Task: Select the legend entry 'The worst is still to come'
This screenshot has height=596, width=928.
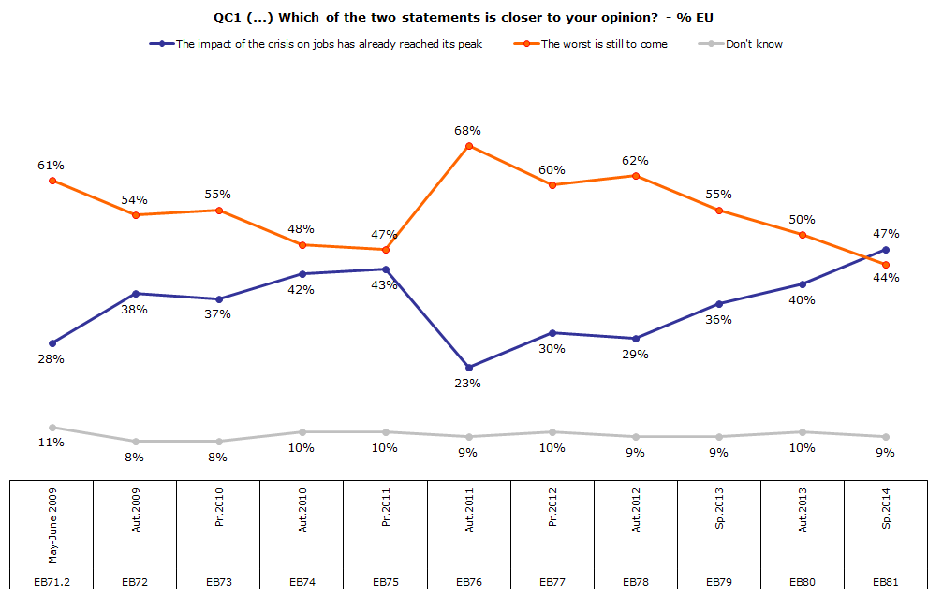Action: [x=604, y=43]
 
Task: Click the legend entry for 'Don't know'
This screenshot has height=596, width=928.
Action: [x=754, y=43]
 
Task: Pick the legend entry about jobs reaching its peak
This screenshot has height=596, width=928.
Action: [x=329, y=43]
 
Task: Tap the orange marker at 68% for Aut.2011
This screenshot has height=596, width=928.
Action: [x=469, y=146]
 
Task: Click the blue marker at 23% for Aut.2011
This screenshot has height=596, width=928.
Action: [x=469, y=368]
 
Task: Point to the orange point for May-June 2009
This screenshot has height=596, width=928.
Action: [x=52, y=181]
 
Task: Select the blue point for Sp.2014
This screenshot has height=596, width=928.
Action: [x=886, y=250]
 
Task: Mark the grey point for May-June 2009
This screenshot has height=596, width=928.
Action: [x=52, y=428]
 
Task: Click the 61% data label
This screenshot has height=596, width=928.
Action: [x=51, y=166]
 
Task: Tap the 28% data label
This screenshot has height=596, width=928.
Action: [x=51, y=359]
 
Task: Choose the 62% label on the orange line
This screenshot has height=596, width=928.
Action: [x=635, y=160]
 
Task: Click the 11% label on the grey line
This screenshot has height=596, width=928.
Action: [x=51, y=443]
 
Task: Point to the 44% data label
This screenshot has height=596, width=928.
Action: [x=886, y=278]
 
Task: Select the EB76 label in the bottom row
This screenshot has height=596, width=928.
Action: [x=469, y=582]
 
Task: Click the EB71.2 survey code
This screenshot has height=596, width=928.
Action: [x=51, y=582]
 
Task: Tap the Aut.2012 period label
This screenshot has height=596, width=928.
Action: [x=637, y=534]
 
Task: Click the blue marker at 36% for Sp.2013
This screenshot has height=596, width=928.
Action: [x=719, y=304]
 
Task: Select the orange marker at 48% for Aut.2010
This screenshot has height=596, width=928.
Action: [x=302, y=245]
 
